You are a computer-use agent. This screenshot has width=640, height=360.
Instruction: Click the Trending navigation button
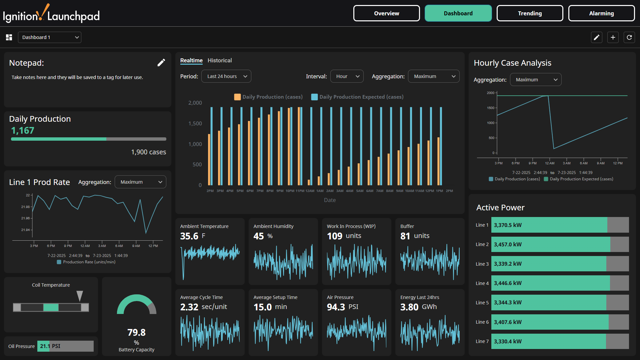click(530, 13)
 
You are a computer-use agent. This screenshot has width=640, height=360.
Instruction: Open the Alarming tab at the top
click(601, 13)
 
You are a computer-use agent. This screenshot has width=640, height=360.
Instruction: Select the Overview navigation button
click(386, 13)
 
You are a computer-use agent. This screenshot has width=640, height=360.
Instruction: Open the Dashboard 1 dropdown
click(50, 37)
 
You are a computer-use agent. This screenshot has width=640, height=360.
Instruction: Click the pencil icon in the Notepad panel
click(161, 63)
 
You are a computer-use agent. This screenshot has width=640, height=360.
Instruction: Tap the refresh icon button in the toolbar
click(629, 37)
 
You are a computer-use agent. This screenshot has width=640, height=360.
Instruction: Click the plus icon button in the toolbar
click(613, 37)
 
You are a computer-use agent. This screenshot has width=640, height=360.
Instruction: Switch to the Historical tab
click(220, 60)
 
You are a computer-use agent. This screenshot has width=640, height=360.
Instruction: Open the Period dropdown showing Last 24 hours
click(226, 76)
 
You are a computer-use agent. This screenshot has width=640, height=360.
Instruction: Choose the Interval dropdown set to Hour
click(347, 76)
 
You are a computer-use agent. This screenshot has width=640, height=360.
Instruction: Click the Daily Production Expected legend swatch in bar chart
click(314, 97)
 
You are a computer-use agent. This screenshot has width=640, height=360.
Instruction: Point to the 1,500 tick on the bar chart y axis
click(195, 123)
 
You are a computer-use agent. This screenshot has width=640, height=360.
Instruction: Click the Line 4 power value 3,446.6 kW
click(508, 283)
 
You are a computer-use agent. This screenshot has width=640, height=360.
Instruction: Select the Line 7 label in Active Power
click(482, 341)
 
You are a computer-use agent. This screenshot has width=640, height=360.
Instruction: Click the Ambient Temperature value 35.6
click(189, 236)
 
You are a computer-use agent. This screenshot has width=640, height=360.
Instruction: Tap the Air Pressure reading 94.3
click(336, 307)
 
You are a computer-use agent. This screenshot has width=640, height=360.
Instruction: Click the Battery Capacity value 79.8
click(136, 332)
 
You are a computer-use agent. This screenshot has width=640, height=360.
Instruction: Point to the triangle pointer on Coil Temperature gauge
click(80, 296)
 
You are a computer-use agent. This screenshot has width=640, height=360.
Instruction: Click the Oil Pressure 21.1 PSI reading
click(50, 346)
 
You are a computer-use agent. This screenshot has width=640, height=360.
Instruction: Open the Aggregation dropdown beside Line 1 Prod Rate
click(140, 182)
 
